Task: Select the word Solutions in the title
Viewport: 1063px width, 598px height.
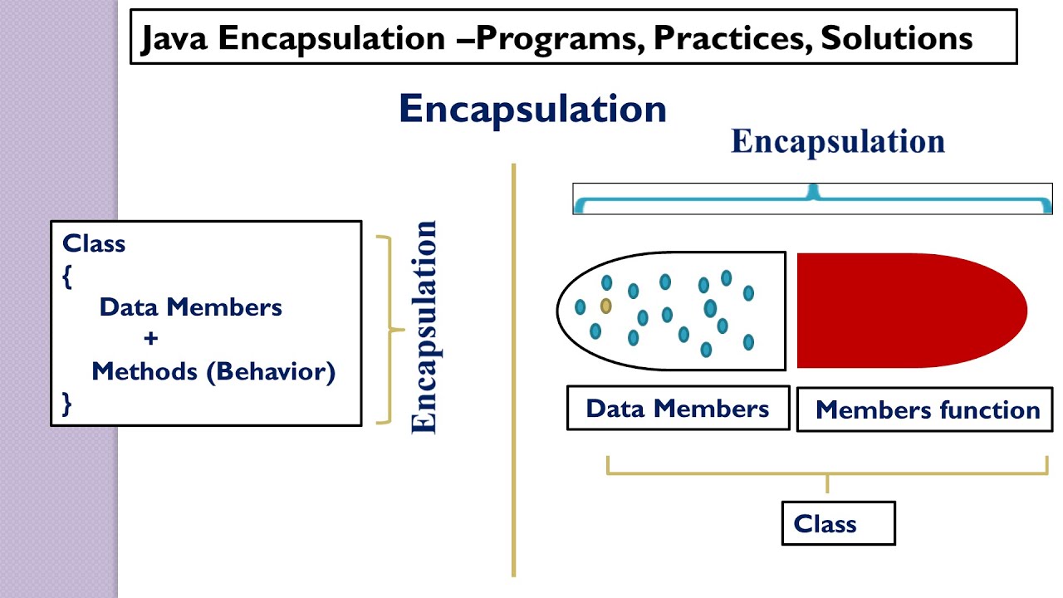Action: click(897, 39)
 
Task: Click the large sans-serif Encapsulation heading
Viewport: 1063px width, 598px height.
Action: click(532, 110)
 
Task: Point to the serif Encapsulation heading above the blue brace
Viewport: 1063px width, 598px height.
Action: click(837, 142)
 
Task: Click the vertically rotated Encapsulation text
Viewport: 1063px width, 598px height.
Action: click(424, 326)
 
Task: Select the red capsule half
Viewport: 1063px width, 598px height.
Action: click(909, 311)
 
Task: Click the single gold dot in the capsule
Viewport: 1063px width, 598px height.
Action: click(606, 306)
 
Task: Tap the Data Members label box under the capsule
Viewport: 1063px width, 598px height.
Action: click(678, 408)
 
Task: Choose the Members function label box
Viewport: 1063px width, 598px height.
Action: click(928, 409)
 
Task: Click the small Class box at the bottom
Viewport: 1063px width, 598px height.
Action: click(838, 523)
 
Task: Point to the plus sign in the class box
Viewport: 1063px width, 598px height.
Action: click(150, 339)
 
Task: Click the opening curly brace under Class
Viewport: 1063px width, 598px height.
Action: click(67, 277)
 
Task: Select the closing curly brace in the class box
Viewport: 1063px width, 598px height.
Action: click(67, 404)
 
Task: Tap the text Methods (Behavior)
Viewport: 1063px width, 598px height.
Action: click(213, 371)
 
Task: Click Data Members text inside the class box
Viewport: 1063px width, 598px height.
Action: click(190, 307)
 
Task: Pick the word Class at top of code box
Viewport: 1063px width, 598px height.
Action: click(94, 243)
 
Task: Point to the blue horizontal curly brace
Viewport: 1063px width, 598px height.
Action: click(812, 199)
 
